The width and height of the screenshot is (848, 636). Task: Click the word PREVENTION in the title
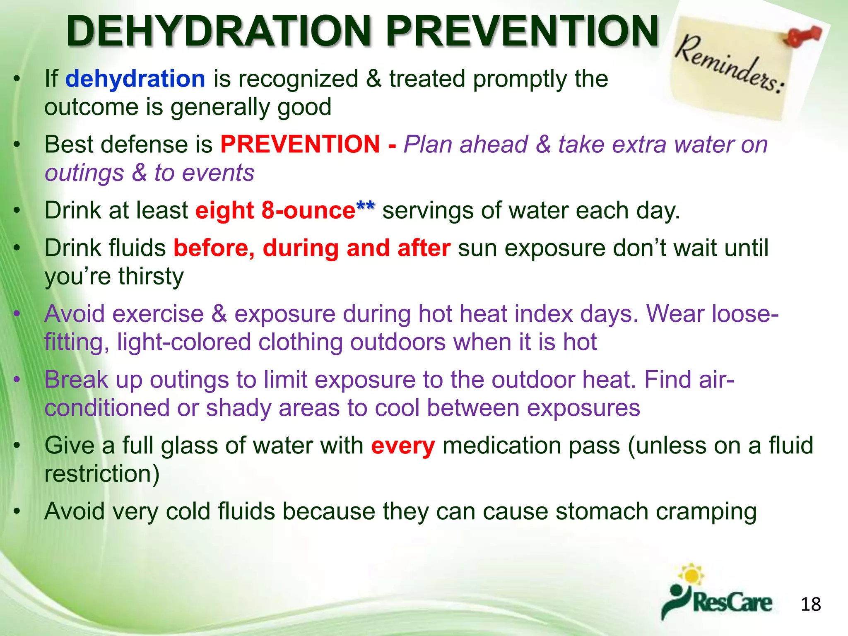(523, 31)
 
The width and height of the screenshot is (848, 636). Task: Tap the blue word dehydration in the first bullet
(135, 79)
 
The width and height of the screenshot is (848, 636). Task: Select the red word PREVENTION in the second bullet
(300, 145)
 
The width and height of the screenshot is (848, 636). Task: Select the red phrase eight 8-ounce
(275, 210)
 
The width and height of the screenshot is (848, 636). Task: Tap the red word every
(402, 446)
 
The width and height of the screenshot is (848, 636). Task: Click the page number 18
(810, 605)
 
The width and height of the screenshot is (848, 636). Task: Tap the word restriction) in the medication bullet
(102, 474)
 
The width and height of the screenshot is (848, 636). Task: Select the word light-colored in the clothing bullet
(184, 342)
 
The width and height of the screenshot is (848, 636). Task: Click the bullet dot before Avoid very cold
(17, 512)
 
